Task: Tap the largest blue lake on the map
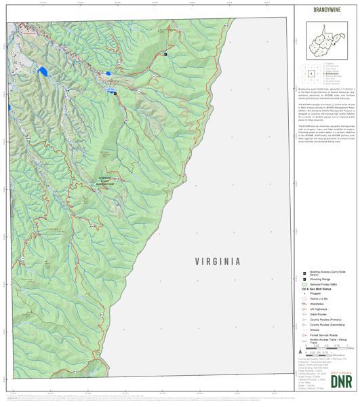click(x=42, y=71)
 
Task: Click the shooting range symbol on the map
click(x=165, y=54)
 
